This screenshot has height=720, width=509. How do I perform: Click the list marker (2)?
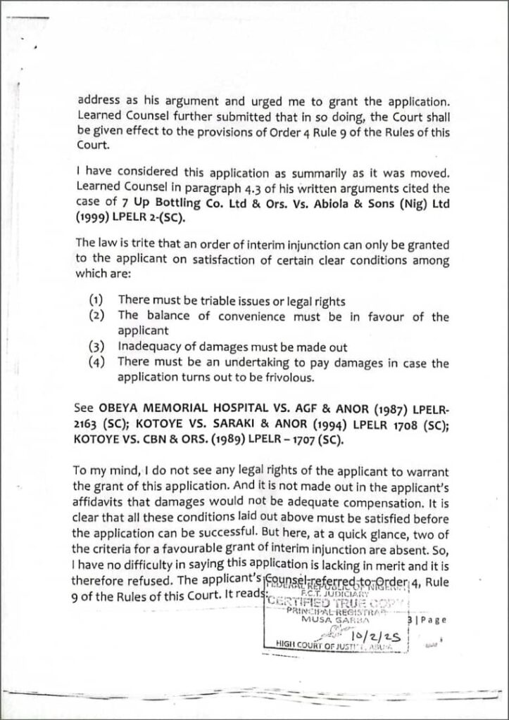[98, 316]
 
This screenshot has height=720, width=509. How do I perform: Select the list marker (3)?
[98, 347]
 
